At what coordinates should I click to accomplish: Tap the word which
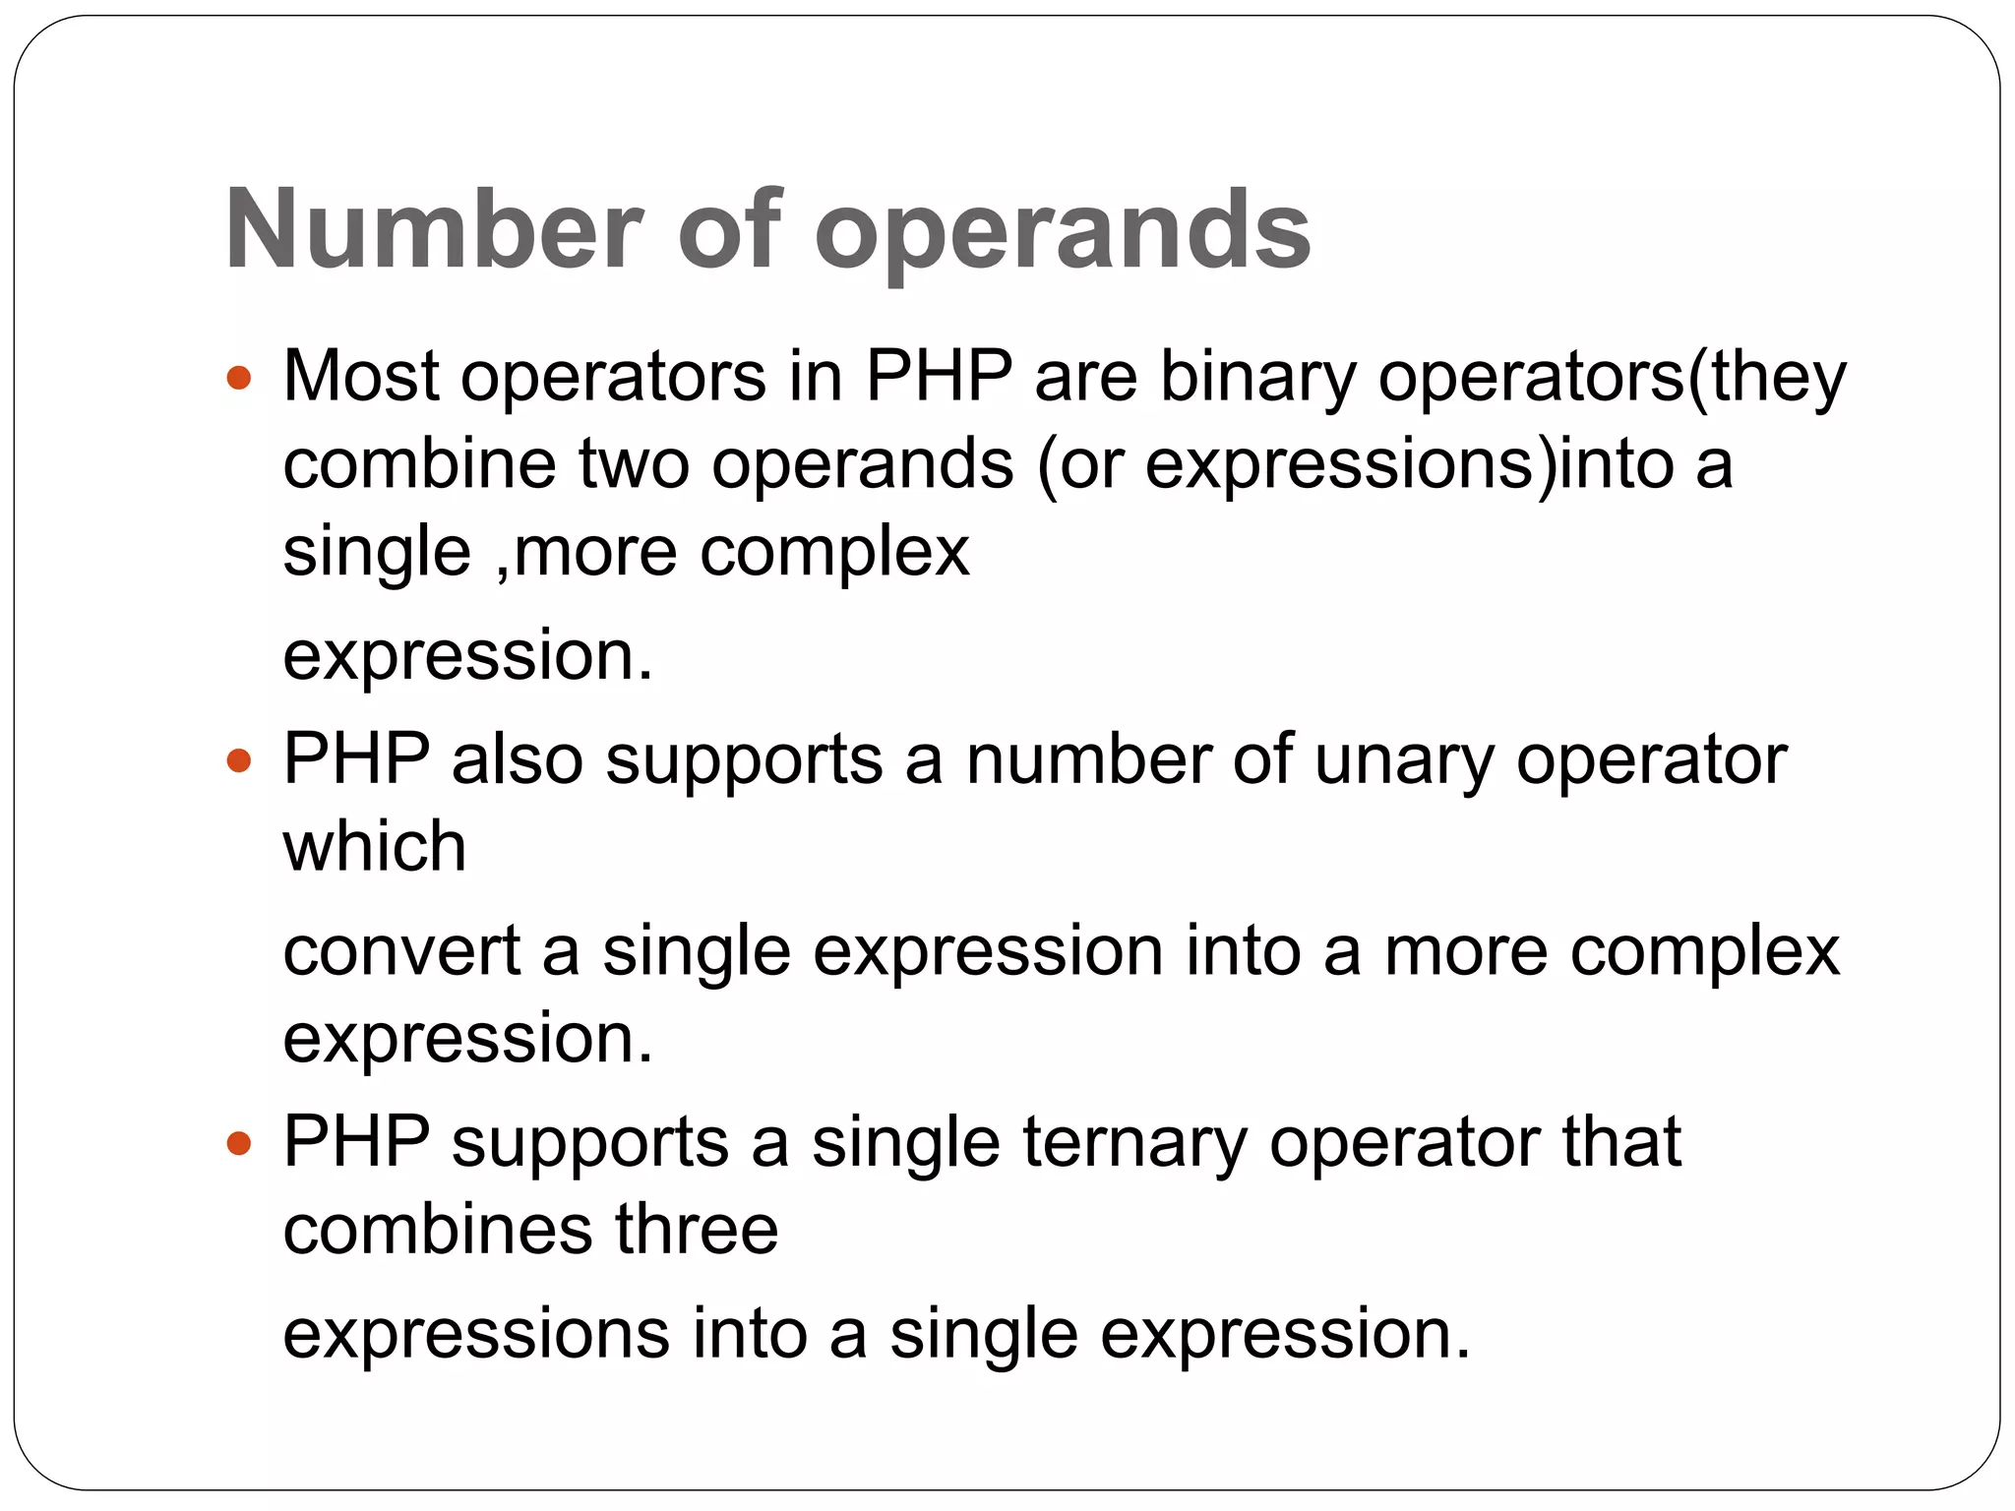374,847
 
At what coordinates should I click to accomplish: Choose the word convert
401,951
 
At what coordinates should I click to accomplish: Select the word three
697,1231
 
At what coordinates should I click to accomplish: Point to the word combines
438,1231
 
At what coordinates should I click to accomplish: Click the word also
518,760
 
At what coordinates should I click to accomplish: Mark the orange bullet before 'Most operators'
239,378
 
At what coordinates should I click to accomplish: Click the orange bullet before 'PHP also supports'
239,760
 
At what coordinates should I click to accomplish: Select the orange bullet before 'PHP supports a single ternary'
239,1143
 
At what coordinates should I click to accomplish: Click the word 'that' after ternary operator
1621,1143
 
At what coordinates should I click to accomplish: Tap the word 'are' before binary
1085,379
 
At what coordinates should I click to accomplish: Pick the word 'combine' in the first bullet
419,463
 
